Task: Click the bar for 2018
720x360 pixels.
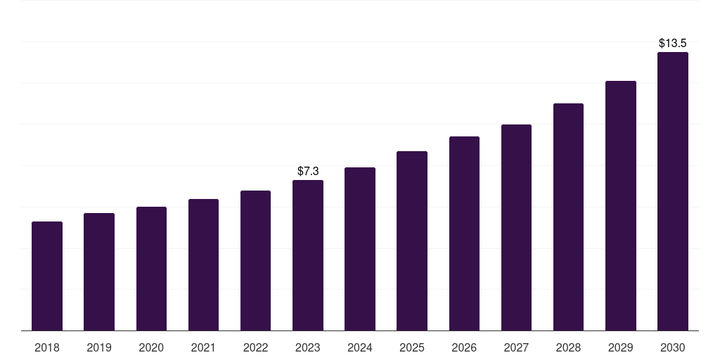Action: pos(47,276)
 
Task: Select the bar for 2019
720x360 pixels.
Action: pos(99,271)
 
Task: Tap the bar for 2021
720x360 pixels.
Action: pos(203,264)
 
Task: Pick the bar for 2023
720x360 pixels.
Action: pos(308,255)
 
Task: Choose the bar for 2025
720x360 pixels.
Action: pos(412,240)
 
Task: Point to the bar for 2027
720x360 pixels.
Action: pos(516,227)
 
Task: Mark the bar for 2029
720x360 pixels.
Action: pos(621,205)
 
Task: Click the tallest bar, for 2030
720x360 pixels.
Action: pos(673,191)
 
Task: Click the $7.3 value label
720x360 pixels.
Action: pos(308,171)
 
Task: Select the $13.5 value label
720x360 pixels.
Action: pos(673,43)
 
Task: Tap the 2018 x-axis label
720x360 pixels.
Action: pos(47,347)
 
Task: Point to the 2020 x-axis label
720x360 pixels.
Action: pos(151,347)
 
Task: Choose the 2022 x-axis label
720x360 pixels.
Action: pos(255,347)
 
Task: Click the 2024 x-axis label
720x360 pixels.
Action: pos(360,347)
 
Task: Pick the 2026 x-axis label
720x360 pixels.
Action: pos(464,347)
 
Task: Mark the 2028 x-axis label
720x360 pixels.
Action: pos(568,347)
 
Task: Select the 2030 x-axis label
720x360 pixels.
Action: pos(673,347)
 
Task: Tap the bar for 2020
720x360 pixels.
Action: pos(151,269)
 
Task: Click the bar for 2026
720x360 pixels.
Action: pos(464,233)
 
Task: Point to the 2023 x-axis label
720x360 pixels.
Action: pos(308,347)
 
